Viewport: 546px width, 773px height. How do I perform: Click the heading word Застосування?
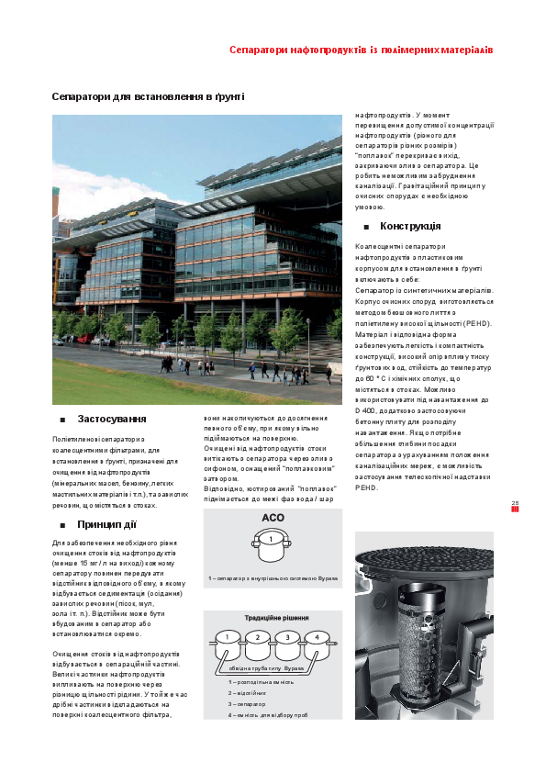coord(112,419)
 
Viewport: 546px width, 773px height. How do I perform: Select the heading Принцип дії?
coord(106,524)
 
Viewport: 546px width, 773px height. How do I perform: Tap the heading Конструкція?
coord(410,226)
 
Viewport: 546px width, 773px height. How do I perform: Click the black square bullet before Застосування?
coord(61,420)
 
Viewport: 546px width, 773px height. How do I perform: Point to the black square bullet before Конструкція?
coord(366,227)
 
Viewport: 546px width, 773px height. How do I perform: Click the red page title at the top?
coord(362,48)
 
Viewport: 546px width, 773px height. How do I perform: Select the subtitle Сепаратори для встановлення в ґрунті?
coord(147,96)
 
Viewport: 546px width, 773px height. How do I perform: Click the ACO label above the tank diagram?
coord(273,518)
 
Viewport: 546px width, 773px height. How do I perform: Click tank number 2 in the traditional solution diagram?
coord(258,637)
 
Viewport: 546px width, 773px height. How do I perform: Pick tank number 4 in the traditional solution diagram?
coord(317,637)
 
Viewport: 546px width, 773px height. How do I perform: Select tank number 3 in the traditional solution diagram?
coord(287,637)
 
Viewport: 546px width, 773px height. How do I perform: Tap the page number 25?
coord(515,502)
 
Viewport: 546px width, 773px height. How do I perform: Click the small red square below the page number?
coord(515,510)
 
